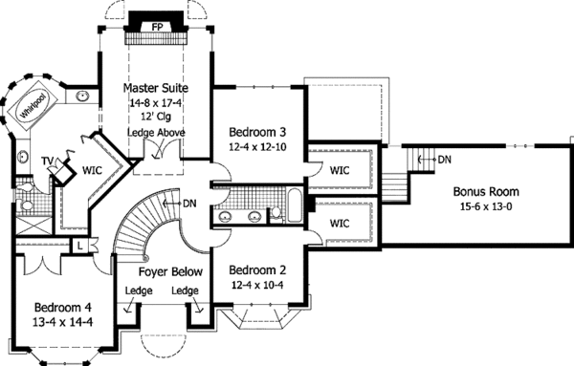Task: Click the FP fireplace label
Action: pos(157,27)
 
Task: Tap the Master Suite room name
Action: pos(156,88)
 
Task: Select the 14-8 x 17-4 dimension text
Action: pos(156,103)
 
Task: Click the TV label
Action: pos(47,161)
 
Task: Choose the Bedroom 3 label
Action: pos(257,132)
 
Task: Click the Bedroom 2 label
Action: pos(257,270)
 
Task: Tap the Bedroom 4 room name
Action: pos(62,308)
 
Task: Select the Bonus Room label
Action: pos(486,191)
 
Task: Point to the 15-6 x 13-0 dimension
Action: pos(486,207)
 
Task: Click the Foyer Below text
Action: pos(170,272)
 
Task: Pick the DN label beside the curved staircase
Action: pos(189,204)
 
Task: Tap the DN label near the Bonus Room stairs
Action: pos(445,160)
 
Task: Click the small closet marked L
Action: pos(80,246)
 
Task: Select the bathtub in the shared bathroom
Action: pos(295,205)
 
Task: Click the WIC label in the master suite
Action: pos(92,170)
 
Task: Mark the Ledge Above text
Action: pos(156,133)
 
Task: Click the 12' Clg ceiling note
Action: pos(156,117)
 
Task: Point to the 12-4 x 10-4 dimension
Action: pos(257,285)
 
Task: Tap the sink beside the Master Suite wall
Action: pos(82,97)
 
